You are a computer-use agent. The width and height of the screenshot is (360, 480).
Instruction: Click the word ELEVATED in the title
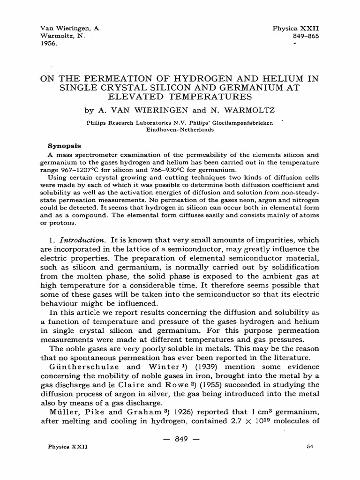[141, 97]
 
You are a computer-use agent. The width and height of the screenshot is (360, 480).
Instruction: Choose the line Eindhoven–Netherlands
[180, 130]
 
